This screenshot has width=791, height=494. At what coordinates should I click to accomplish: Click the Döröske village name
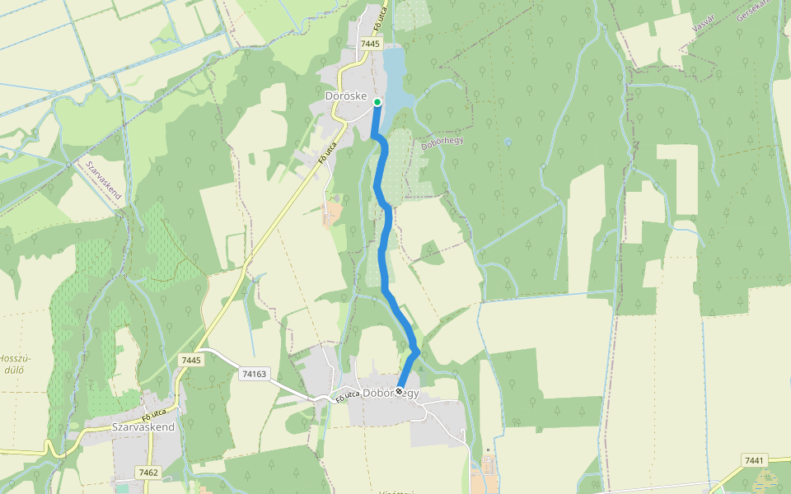345,96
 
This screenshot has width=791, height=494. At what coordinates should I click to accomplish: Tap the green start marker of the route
377,102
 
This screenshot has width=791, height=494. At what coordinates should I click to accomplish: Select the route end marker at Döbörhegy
400,391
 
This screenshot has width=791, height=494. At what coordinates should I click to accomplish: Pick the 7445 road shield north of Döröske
370,44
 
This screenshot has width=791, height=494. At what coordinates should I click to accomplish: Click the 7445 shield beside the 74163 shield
190,360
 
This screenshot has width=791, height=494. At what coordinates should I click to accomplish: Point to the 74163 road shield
254,374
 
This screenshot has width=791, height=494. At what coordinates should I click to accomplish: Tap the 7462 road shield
148,472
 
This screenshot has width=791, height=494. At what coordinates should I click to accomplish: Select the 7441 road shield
754,460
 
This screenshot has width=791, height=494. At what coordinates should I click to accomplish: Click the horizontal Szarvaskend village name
143,427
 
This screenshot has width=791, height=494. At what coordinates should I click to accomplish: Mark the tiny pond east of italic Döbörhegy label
508,142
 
